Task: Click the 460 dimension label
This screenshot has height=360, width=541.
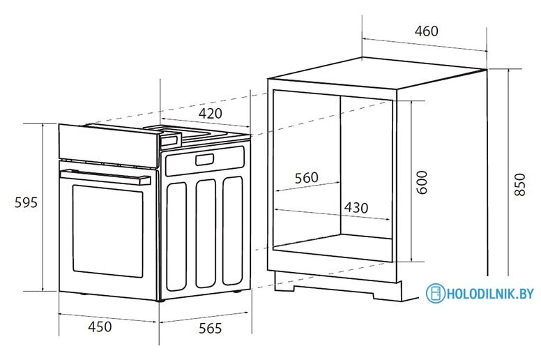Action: pyautogui.click(x=426, y=31)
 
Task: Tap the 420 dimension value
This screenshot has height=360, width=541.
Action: pyautogui.click(x=210, y=114)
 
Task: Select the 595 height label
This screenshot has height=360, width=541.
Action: pyautogui.click(x=25, y=203)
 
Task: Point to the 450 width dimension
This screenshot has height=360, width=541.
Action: pyautogui.click(x=100, y=327)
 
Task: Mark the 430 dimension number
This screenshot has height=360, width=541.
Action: pyautogui.click(x=356, y=208)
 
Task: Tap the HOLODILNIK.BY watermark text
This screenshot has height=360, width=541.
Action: pyautogui.click(x=490, y=294)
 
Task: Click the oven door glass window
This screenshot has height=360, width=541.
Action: pyautogui.click(x=107, y=230)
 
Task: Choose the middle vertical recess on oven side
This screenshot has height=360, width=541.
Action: pyautogui.click(x=206, y=234)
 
